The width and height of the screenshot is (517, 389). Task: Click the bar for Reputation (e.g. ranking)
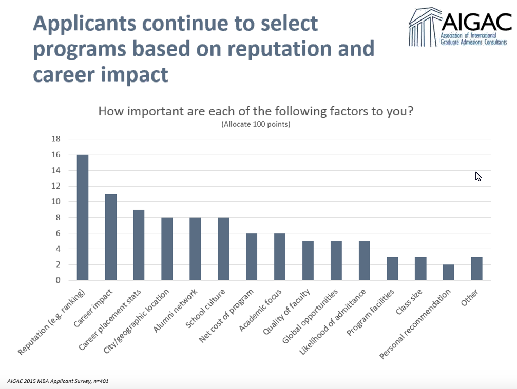[82, 217]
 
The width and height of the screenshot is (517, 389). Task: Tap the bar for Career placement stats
[139, 245]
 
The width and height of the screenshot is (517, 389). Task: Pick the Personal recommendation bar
[448, 272]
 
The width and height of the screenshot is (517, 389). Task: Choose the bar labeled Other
[476, 268]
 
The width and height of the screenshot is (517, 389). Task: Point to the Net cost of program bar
[251, 256]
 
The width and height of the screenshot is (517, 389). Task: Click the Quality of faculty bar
[308, 260]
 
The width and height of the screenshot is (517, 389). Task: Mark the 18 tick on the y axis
[56, 139]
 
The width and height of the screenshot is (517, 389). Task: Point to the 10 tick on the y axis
[56, 202]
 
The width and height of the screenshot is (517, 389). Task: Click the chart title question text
[255, 111]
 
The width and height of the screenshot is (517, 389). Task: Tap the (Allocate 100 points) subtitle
[256, 125]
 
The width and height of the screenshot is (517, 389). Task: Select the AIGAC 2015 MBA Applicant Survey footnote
[58, 381]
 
